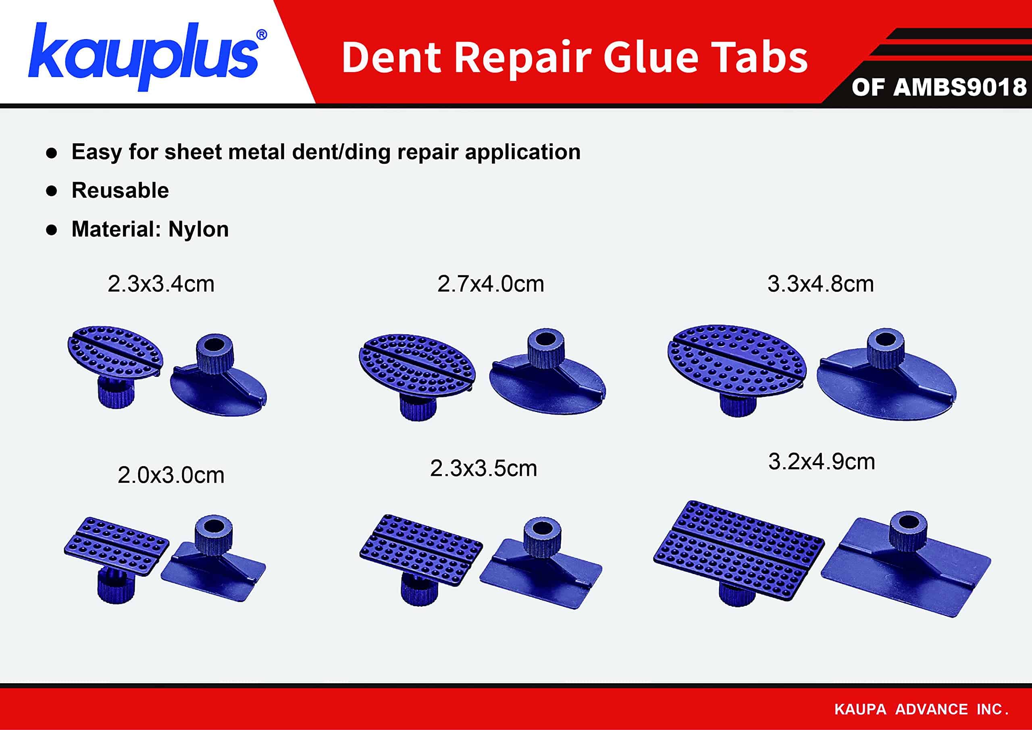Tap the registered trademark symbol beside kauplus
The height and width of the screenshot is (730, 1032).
[261, 35]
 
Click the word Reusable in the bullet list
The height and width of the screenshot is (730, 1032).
[120, 191]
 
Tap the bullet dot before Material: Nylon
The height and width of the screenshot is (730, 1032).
[52, 230]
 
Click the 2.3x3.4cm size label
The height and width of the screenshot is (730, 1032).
[161, 284]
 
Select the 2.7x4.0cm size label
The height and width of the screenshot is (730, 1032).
[490, 284]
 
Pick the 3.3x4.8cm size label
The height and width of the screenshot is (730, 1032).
[820, 284]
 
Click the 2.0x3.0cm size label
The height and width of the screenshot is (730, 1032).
[171, 475]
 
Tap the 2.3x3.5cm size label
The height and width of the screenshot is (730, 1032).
[483, 468]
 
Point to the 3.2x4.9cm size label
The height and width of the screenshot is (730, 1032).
[822, 462]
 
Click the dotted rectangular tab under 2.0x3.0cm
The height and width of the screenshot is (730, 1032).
[117, 546]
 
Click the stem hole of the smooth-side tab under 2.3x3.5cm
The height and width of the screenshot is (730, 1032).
[543, 527]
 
